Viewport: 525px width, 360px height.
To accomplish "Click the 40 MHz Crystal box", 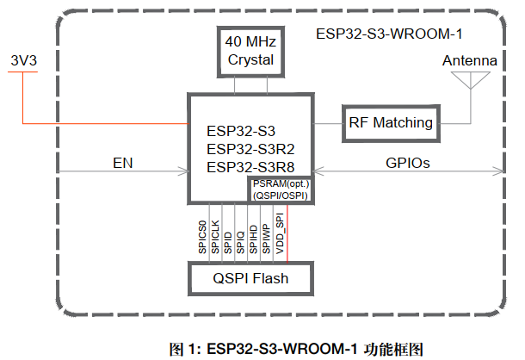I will coord(250,51).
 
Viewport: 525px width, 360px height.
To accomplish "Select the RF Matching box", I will coord(391,123).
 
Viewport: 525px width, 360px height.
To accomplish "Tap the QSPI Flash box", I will coord(250,279).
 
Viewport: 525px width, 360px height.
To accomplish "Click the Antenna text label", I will coord(469,61).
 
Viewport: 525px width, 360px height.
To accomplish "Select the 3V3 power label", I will coord(23,62).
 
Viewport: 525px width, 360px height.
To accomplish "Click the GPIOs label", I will coord(408,163).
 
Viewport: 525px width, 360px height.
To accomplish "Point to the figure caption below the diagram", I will coord(297,349).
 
